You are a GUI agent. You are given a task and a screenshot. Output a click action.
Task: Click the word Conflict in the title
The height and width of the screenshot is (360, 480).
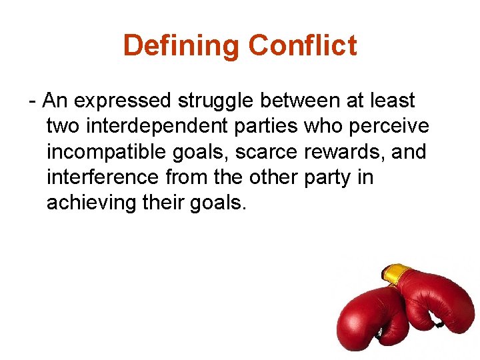click(x=302, y=46)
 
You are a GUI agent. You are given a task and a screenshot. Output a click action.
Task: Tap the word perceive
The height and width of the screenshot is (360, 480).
click(x=391, y=127)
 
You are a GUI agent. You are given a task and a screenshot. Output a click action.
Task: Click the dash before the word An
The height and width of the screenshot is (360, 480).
click(x=33, y=101)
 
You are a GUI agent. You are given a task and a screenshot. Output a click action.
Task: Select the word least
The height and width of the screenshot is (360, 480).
click(x=392, y=101)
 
